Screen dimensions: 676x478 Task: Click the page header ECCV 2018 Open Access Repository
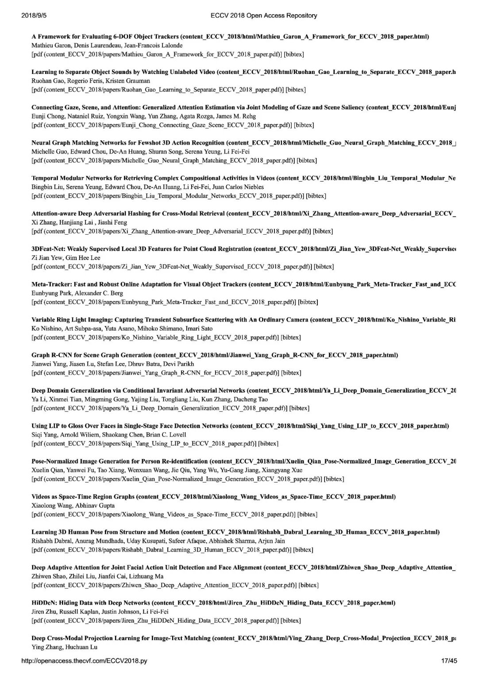click(x=264, y=15)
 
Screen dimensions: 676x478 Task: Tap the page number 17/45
click(x=449, y=661)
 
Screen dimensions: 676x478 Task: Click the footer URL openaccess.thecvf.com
click(x=84, y=661)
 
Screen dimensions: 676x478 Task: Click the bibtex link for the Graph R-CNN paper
click(x=291, y=373)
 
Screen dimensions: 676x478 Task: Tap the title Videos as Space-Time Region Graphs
click(x=83, y=497)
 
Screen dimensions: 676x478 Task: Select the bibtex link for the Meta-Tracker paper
click(x=308, y=302)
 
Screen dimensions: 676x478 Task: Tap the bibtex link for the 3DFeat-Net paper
click(x=324, y=267)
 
